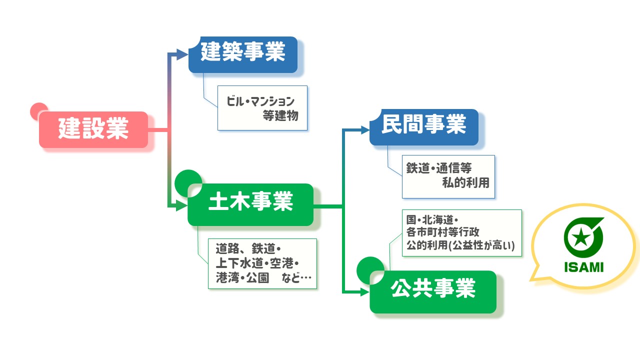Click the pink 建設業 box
93,129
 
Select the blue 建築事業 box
243,54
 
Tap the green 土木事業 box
250,204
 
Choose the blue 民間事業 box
424,127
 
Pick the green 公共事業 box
433,291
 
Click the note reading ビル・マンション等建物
262,108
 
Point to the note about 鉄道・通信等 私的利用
448,176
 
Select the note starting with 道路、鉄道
262,263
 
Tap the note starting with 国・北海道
461,233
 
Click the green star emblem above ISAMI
580,238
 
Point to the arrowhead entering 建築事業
183,54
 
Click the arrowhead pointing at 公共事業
364,291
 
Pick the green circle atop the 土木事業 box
187,179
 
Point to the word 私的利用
465,182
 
